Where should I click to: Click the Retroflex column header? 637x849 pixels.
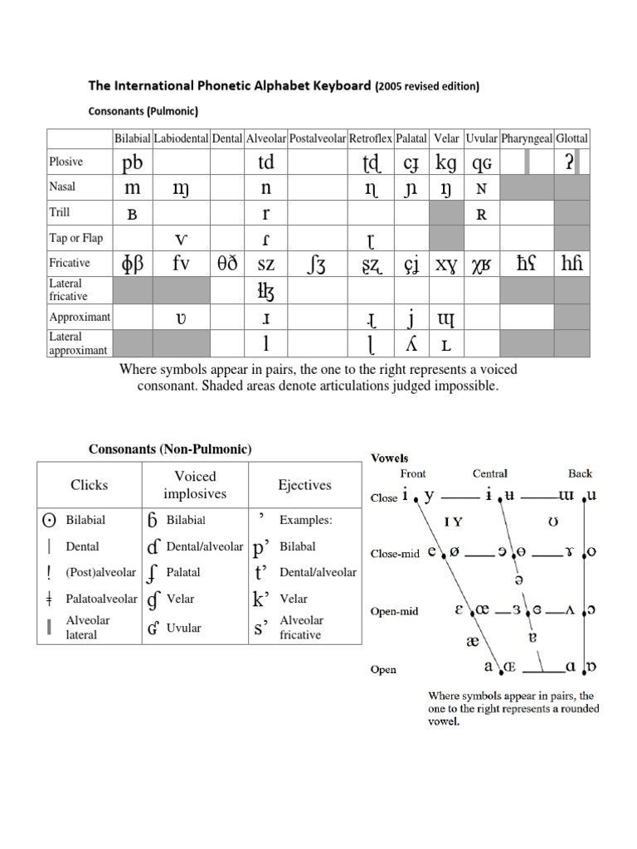pyautogui.click(x=370, y=138)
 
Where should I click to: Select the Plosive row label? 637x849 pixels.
pyautogui.click(x=66, y=162)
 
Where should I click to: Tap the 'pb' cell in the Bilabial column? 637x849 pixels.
pyautogui.click(x=132, y=162)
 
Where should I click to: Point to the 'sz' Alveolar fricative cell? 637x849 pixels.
pyautogui.click(x=266, y=264)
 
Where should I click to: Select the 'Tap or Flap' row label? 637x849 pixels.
pyautogui.click(x=76, y=238)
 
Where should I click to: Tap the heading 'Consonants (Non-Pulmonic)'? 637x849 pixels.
pyautogui.click(x=170, y=449)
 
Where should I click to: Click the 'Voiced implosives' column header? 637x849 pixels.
pyautogui.click(x=196, y=485)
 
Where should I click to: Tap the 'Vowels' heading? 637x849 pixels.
pyautogui.click(x=389, y=457)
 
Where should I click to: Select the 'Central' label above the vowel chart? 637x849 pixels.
pyautogui.click(x=489, y=473)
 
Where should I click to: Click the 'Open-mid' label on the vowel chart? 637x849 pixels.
pyautogui.click(x=394, y=611)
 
